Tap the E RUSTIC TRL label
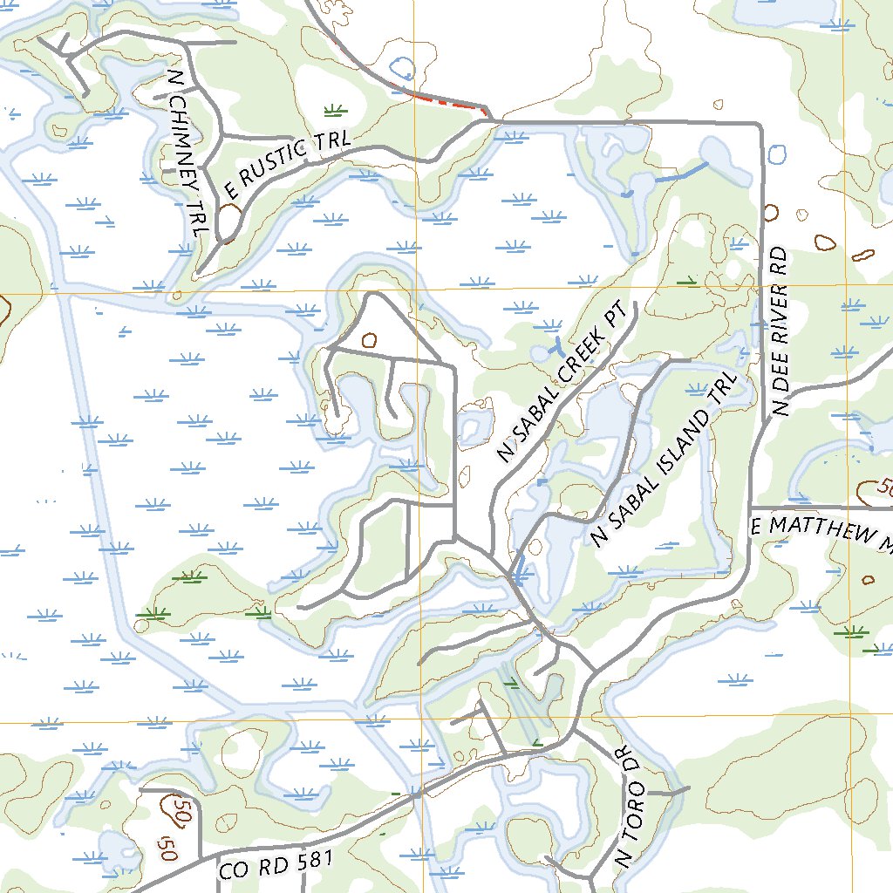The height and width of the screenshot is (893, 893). (x=287, y=163)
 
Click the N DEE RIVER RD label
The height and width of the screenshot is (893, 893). (x=780, y=331)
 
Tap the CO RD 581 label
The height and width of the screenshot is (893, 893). (x=276, y=864)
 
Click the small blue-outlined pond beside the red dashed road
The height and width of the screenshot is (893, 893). (x=401, y=67)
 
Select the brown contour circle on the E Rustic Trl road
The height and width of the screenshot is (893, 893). (x=229, y=215)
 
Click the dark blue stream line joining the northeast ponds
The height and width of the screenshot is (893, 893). (x=680, y=174)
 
